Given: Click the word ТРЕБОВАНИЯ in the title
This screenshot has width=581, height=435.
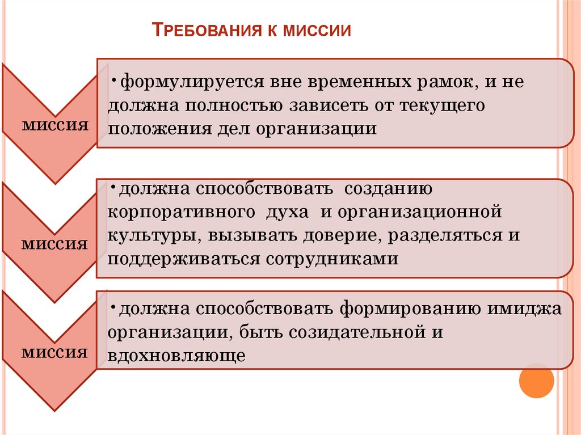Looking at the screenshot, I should [x=206, y=29].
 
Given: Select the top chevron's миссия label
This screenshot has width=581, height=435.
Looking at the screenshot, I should [x=55, y=124].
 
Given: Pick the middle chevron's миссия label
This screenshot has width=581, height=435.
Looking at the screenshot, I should [x=55, y=243].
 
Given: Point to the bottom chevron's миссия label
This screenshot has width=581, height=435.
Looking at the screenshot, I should [x=55, y=352].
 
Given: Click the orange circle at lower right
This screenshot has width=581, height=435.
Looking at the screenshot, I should [x=536, y=380].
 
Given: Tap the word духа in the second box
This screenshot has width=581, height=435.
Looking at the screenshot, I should [x=285, y=213].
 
